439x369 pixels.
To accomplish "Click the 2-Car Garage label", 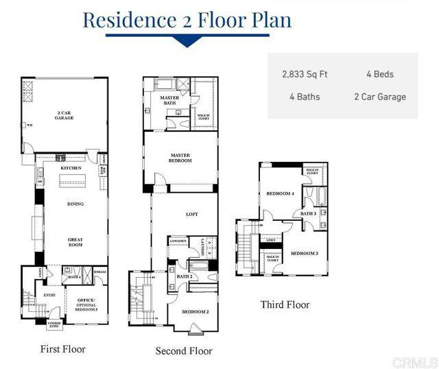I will point(64,115).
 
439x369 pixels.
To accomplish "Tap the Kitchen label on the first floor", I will point(71,167).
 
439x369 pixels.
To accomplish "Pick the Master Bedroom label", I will point(180,158).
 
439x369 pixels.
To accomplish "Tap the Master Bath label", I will point(169,101).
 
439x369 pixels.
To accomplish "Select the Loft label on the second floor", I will point(192,215).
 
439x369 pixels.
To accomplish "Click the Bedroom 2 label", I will point(195,311).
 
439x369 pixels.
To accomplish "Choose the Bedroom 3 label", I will point(304,253).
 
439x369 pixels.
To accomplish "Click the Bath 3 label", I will point(308,213).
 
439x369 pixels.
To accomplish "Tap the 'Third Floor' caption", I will point(285,305).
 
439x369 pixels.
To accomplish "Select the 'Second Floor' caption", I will point(184,351).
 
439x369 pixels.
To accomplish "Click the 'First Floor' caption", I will point(62,349).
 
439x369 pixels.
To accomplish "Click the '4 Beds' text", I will point(380,73).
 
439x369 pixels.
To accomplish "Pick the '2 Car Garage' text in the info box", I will point(380,97).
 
